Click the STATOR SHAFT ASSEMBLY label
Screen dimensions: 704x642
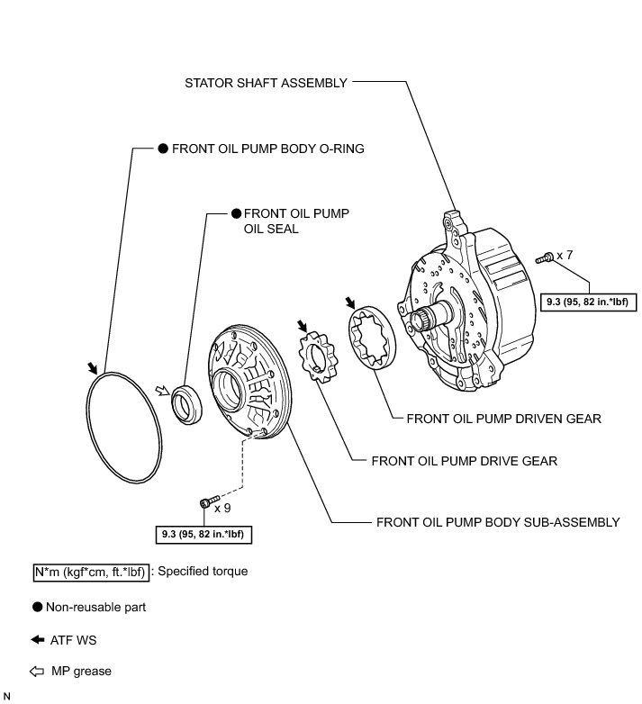point(266,83)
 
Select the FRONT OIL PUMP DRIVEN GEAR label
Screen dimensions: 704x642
point(503,419)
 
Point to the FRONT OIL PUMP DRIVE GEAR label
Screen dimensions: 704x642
point(465,461)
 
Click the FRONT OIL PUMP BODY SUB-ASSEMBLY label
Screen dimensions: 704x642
point(498,521)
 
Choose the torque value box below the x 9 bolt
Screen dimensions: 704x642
point(203,534)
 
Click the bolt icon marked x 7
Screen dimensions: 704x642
point(546,258)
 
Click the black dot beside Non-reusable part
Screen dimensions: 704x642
point(38,608)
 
